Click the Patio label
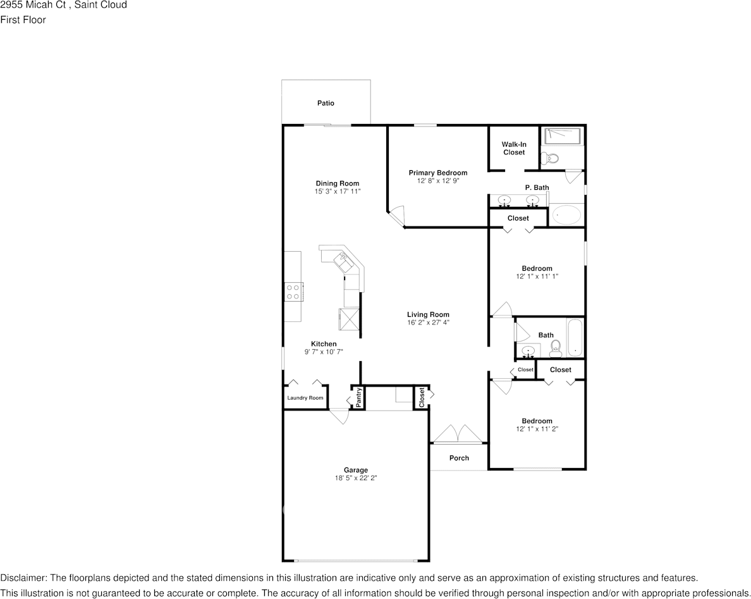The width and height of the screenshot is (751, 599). [326, 103]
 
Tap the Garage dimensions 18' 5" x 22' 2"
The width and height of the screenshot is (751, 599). [355, 478]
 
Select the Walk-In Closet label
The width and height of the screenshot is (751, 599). [514, 148]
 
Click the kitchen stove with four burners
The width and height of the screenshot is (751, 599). [293, 292]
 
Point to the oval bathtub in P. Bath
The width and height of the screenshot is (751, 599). [566, 215]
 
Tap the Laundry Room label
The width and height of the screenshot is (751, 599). [305, 398]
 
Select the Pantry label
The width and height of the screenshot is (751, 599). [359, 397]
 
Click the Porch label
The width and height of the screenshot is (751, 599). [459, 458]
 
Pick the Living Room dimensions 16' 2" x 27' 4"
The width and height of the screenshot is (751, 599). [428, 323]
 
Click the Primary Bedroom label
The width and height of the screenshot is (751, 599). [437, 173]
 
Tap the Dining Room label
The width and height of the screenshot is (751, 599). [337, 183]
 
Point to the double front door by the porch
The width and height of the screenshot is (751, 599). [458, 433]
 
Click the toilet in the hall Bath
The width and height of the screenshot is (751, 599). [556, 349]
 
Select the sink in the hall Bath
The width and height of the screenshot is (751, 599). [528, 351]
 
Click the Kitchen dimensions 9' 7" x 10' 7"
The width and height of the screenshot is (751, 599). [324, 352]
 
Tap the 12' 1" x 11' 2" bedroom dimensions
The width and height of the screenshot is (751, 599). [537, 429]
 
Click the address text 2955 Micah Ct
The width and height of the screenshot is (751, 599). [33, 5]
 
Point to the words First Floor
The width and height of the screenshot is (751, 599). [23, 20]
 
